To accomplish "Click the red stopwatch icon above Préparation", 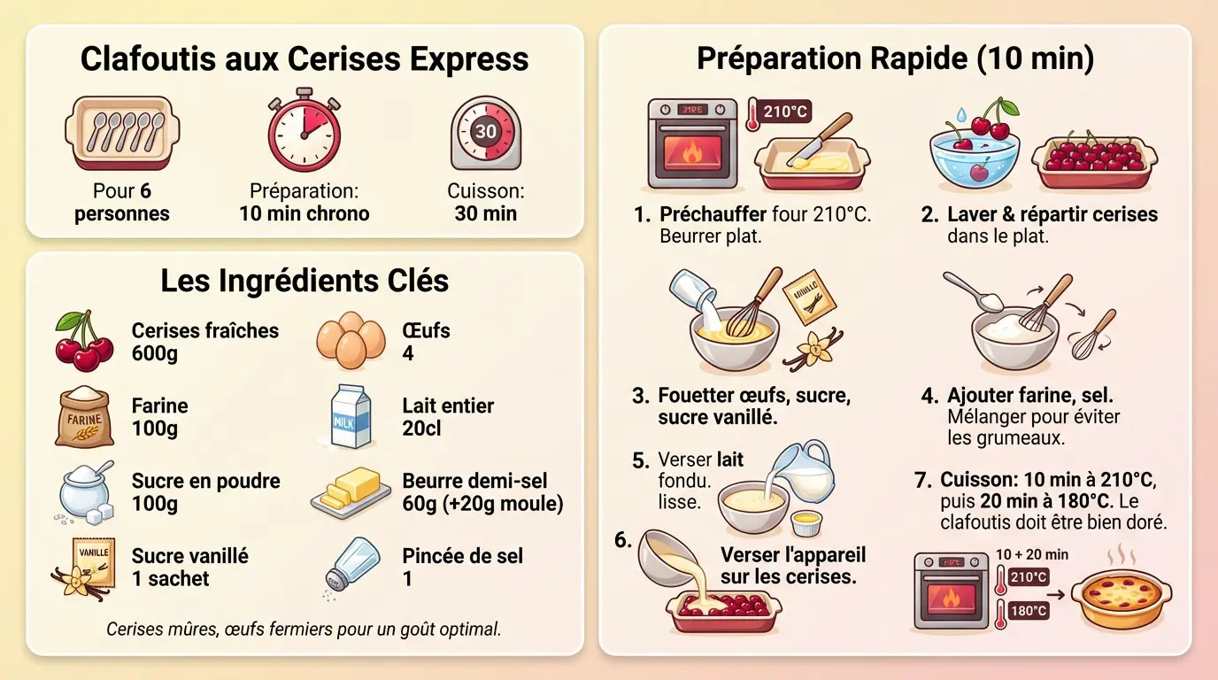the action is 304,130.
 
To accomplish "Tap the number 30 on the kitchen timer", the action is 486,131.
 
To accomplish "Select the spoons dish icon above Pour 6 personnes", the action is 122,133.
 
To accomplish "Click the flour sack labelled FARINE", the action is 84,417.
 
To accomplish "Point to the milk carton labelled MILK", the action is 351,416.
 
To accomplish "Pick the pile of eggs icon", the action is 351,340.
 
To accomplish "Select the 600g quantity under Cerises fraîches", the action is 154,353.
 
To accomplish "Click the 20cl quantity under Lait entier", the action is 421,429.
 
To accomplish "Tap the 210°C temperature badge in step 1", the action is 784,112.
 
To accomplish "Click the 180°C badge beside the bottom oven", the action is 1029,610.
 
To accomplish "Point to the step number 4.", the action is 929,396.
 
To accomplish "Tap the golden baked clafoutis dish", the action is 1122,599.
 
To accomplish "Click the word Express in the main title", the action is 469,58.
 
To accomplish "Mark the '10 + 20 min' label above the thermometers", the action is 1032,554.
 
